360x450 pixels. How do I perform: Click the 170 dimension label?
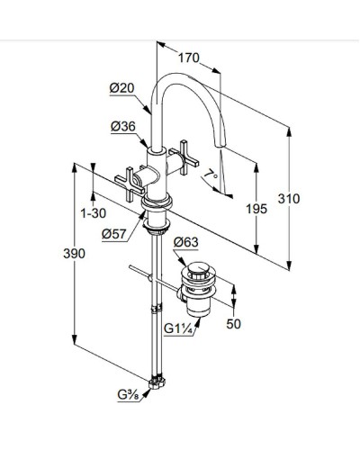(189, 58)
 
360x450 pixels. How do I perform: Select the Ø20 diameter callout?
(121, 88)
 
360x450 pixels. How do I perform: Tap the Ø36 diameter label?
(123, 126)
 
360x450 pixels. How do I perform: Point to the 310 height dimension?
(289, 199)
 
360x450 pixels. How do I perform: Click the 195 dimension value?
(256, 209)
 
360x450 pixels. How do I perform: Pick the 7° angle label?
(211, 175)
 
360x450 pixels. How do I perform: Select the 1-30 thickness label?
(94, 213)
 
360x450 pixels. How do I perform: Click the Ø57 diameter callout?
(114, 234)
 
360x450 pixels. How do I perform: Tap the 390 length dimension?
(74, 254)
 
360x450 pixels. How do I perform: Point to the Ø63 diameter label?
(186, 242)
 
